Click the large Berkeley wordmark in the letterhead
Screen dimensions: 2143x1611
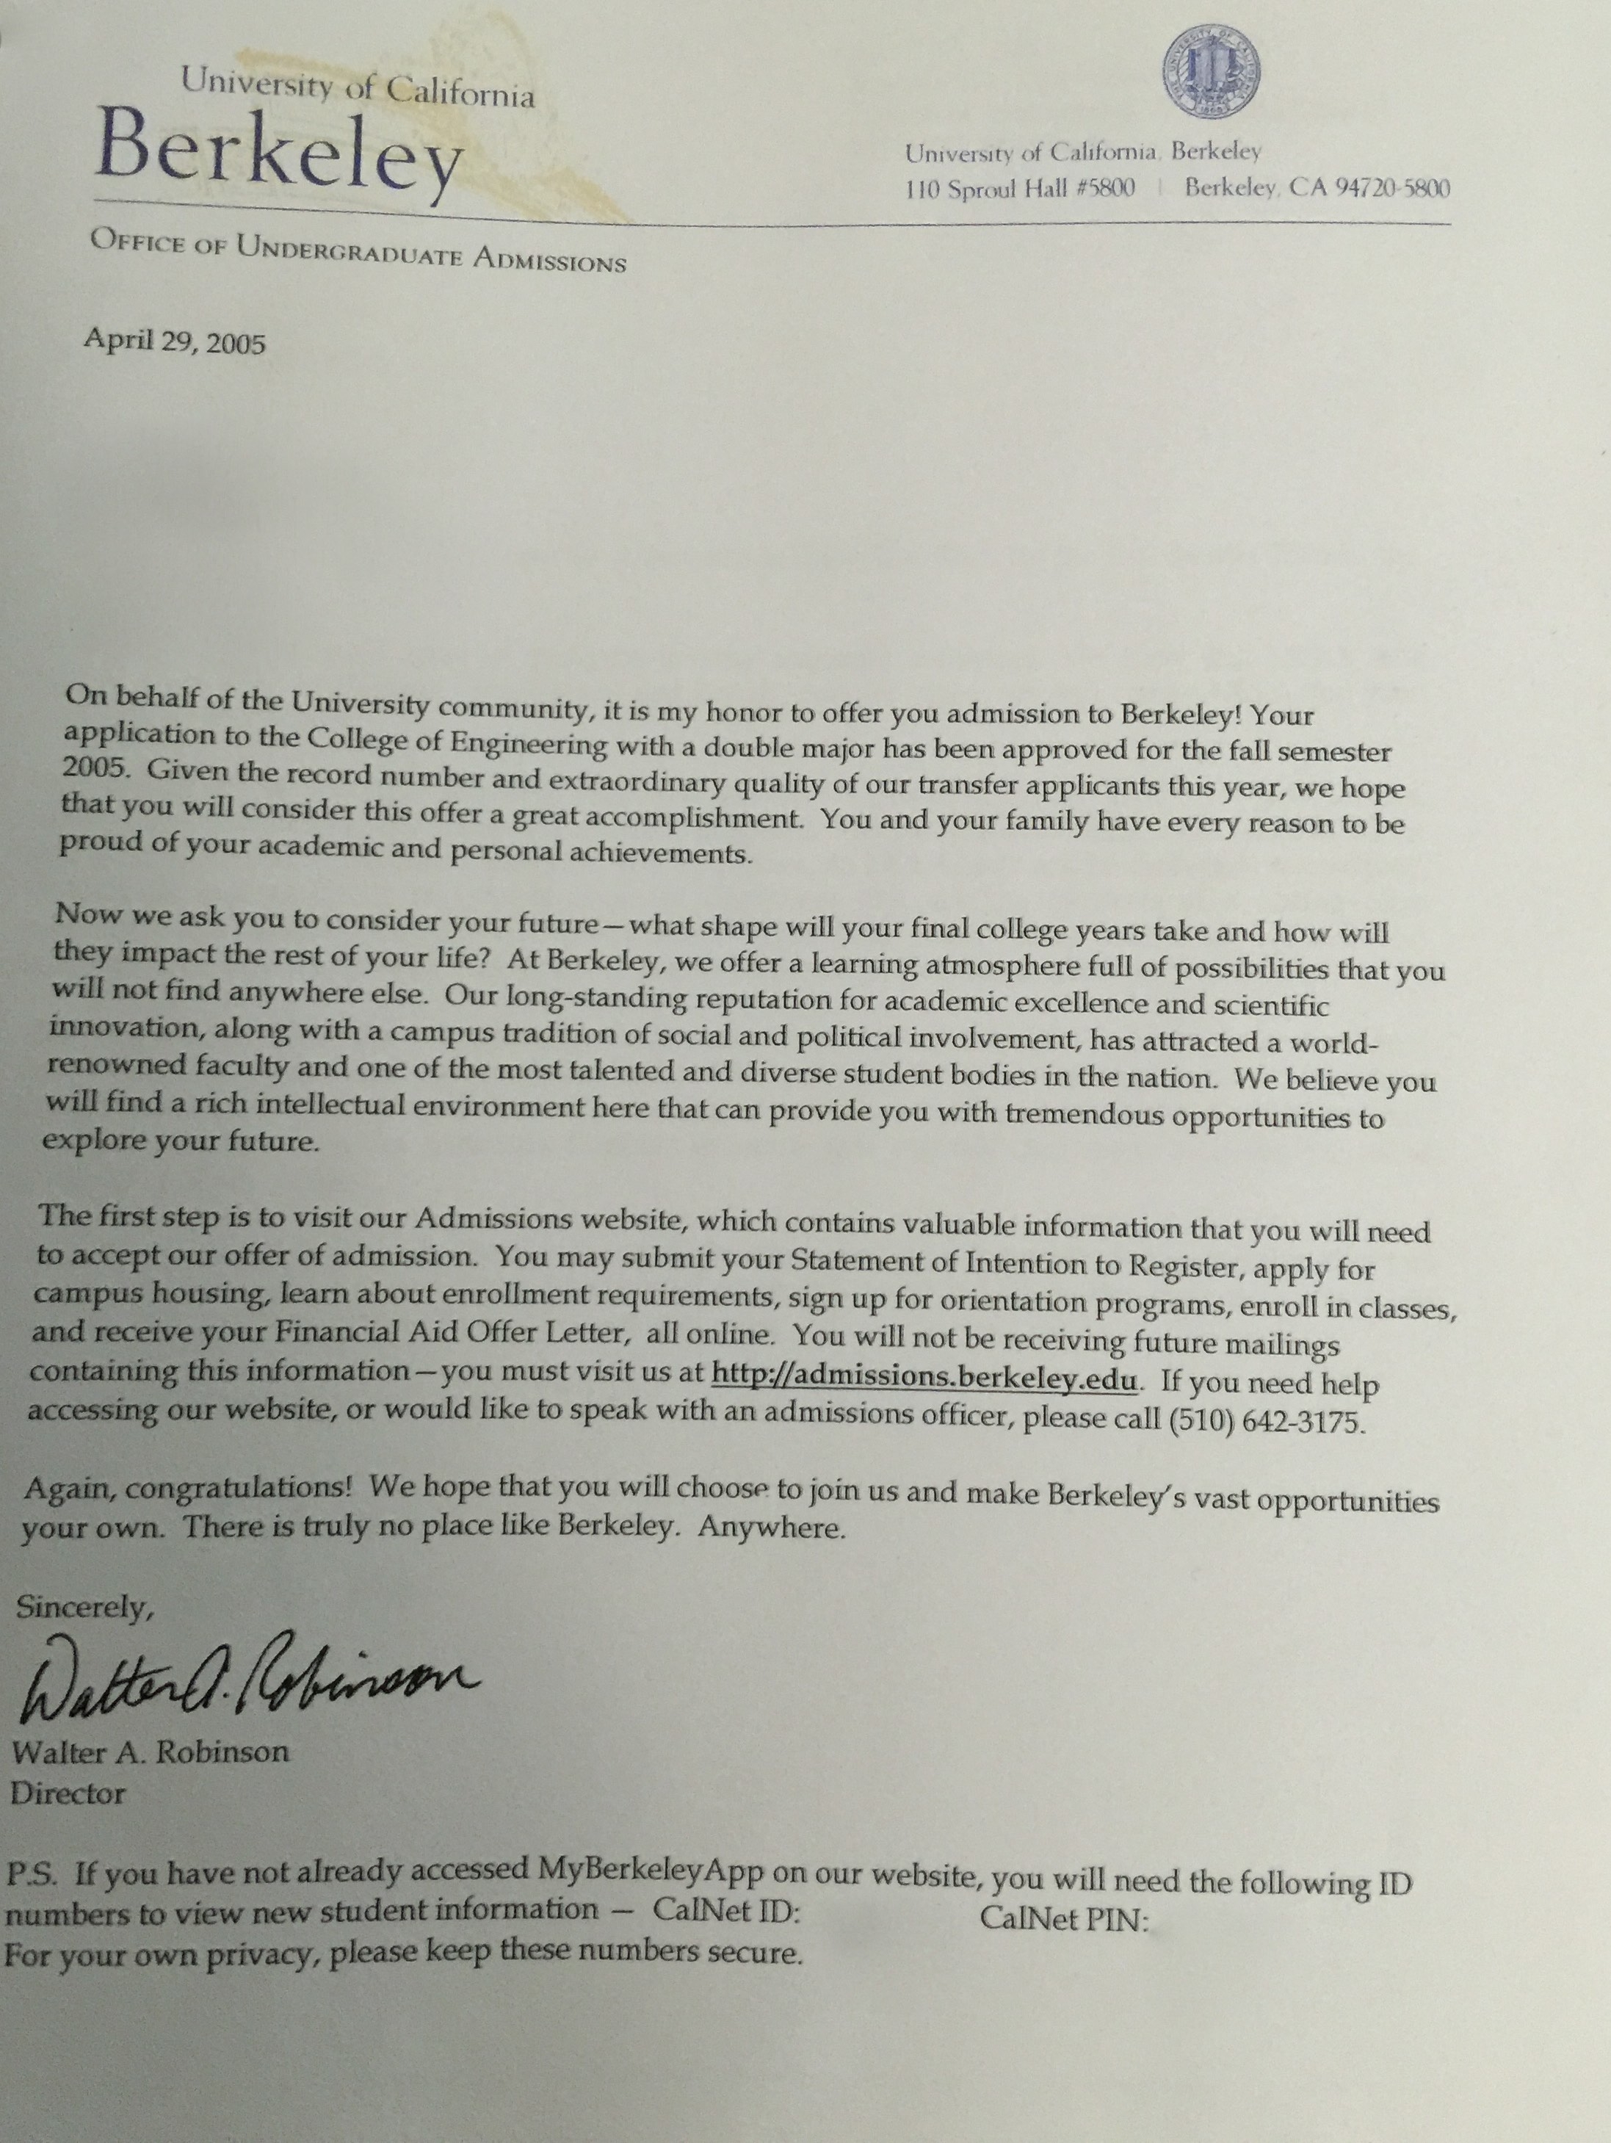click(279, 155)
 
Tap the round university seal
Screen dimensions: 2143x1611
click(1211, 73)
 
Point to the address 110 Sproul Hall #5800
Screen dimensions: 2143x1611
click(1019, 188)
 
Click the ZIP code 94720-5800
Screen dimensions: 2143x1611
click(1391, 188)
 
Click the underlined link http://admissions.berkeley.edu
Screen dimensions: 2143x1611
click(924, 1377)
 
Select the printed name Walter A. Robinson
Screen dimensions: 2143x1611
click(150, 1752)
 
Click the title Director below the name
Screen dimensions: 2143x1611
click(68, 1793)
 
